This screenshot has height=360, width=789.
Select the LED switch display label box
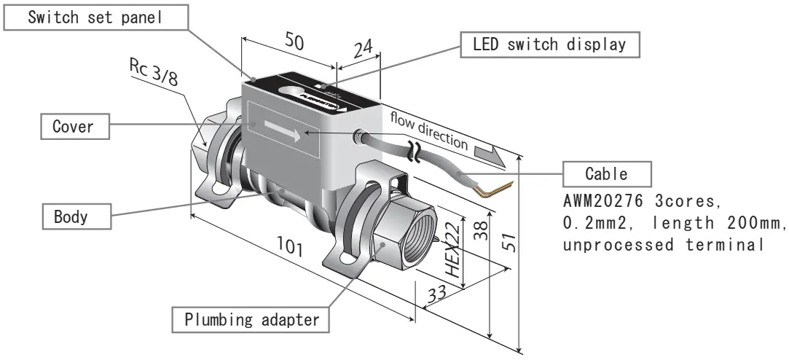click(554, 44)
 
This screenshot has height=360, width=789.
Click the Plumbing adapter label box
click(248, 319)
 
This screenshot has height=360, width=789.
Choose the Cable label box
click(607, 174)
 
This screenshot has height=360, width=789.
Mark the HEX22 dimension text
click(454, 249)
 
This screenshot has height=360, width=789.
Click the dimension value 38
click(479, 232)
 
